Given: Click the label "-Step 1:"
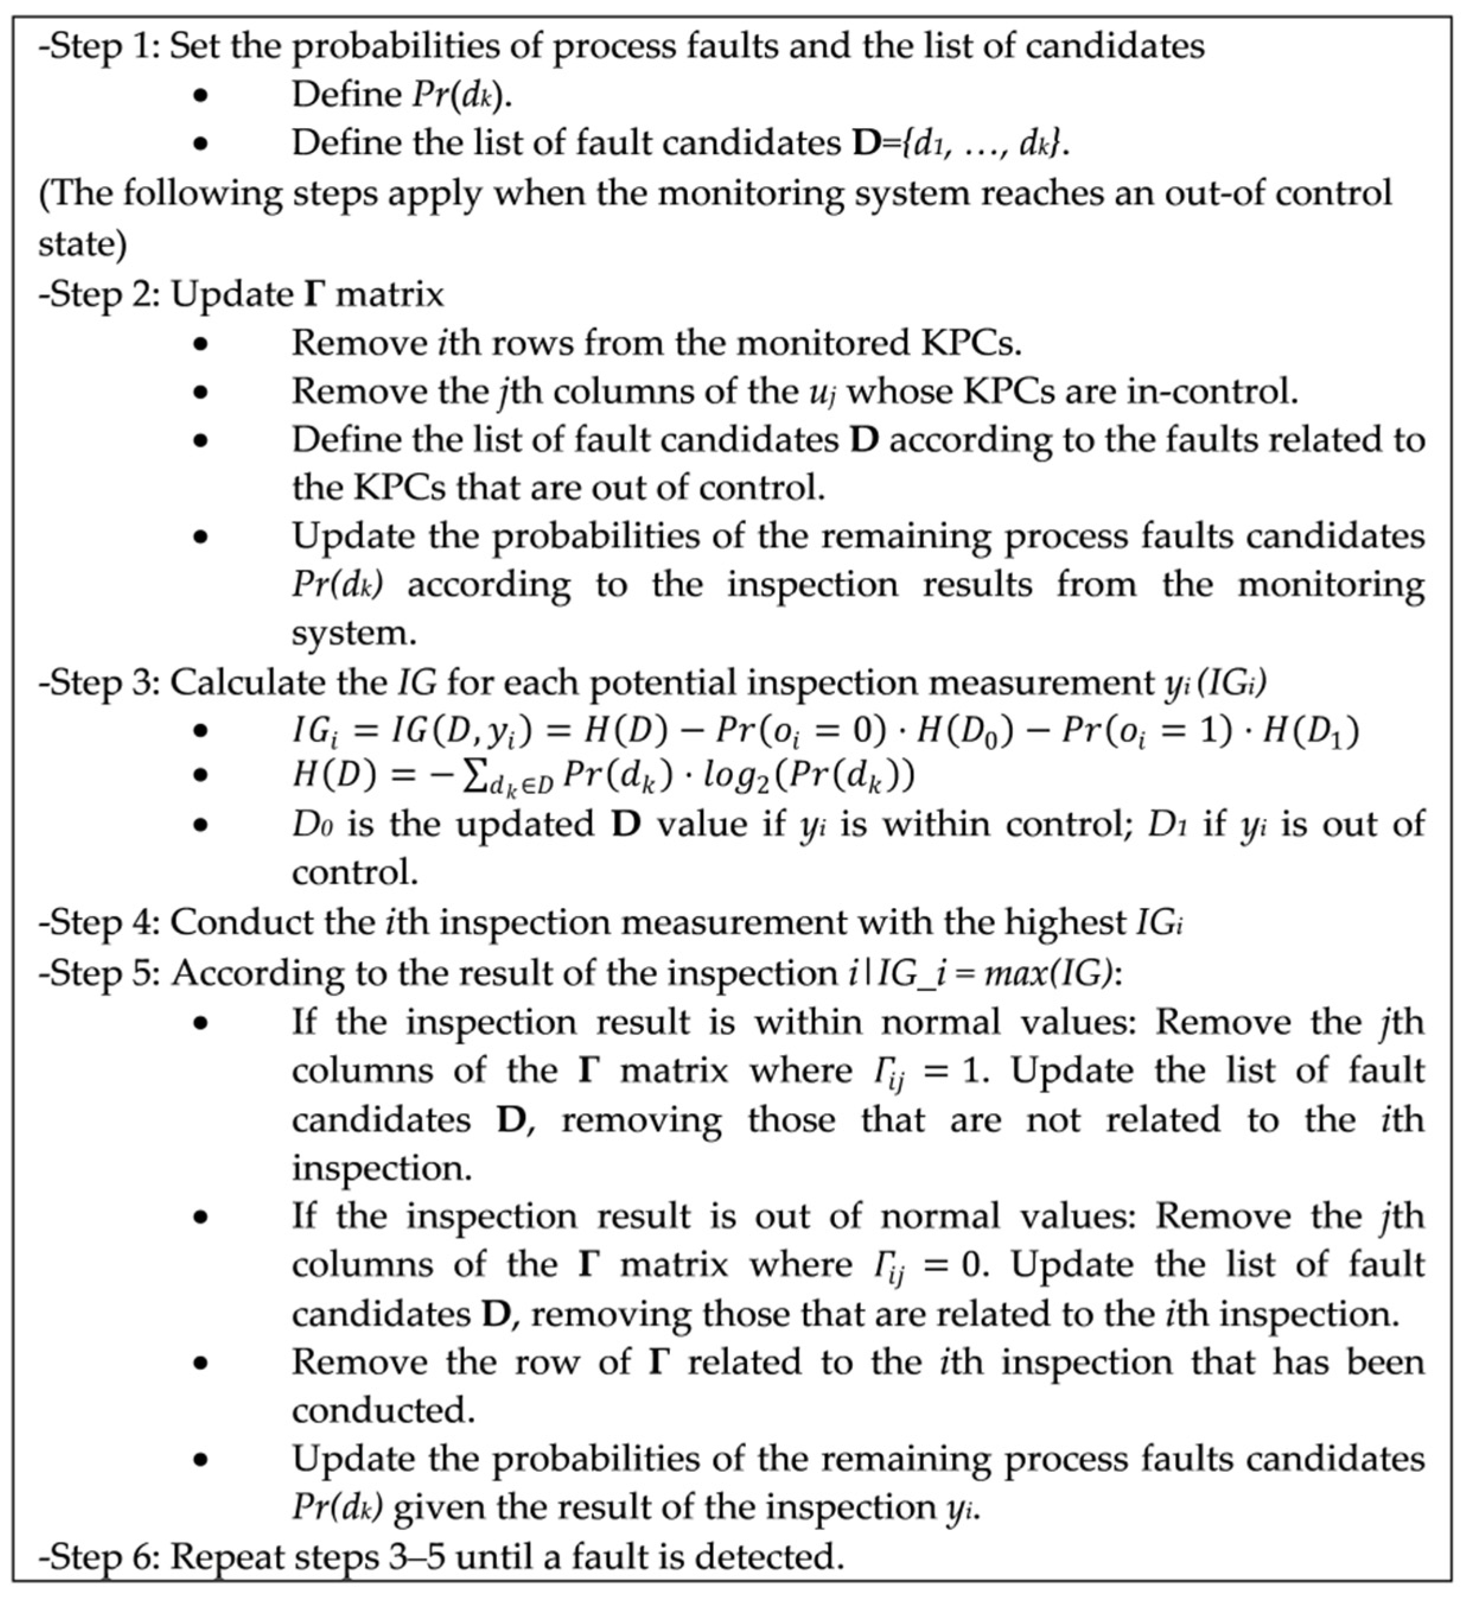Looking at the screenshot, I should point(98,46).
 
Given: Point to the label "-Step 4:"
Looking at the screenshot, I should point(98,922).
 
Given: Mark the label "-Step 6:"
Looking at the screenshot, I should point(98,1557).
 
